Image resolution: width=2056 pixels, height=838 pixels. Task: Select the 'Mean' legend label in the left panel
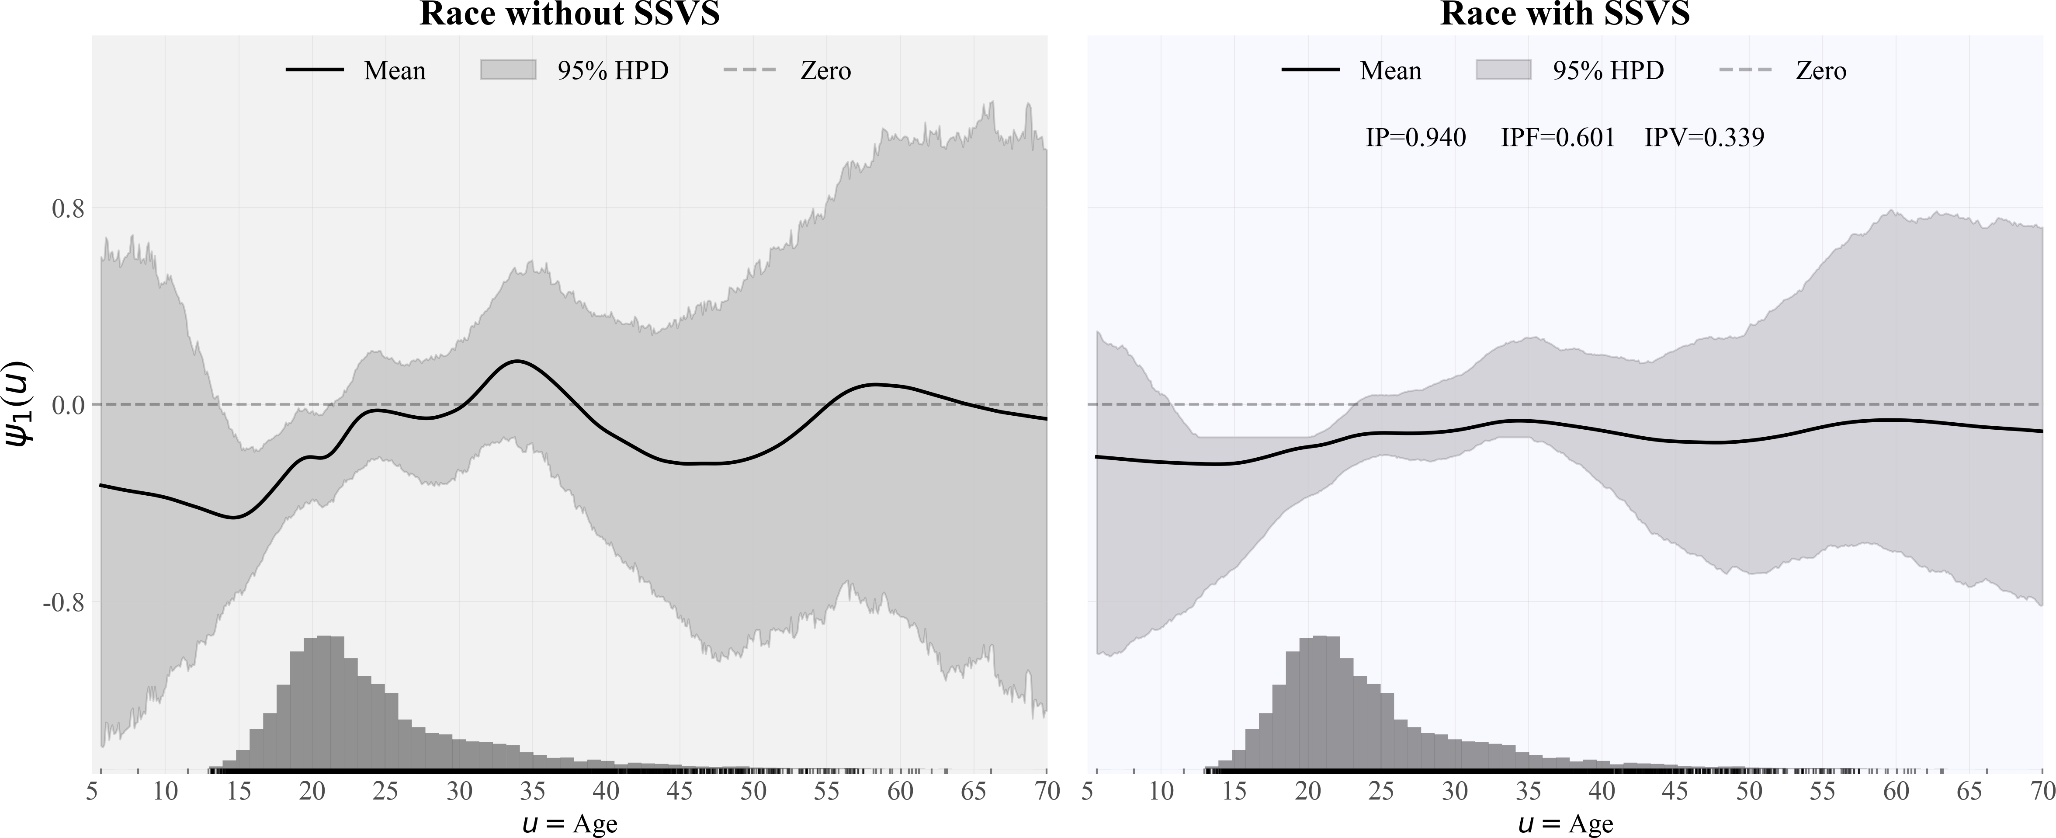click(x=394, y=71)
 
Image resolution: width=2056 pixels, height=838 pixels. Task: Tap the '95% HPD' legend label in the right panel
click(x=1608, y=71)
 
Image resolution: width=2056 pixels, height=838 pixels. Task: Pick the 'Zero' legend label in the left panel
click(x=825, y=71)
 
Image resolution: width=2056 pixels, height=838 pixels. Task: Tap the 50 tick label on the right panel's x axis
click(x=1749, y=792)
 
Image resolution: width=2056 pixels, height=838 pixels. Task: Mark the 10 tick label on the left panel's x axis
click(x=165, y=792)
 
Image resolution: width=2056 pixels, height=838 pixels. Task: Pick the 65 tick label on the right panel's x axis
click(x=1969, y=792)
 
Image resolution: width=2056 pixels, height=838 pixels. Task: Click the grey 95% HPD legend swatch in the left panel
click(x=508, y=70)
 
